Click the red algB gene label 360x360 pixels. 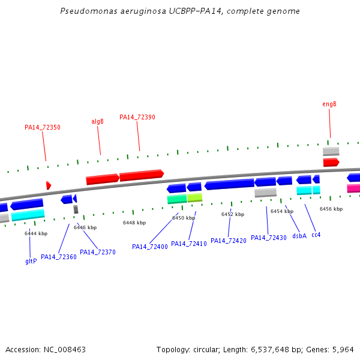97,121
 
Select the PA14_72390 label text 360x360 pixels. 137,117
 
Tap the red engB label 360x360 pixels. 329,104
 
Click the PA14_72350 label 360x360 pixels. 42,127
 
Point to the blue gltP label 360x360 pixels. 31,261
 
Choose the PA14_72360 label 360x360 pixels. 59,257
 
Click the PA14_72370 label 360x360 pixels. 98,252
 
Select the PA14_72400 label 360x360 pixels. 150,247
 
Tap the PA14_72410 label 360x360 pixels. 189,244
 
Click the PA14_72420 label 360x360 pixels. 229,241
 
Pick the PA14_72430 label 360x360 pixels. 269,238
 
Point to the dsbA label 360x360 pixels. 299,236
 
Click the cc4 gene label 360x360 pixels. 316,235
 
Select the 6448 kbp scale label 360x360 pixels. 134,223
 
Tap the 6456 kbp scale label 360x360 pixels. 331,209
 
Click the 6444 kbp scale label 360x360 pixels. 36,233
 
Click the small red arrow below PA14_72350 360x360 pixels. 49,185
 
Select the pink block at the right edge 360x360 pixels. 353,188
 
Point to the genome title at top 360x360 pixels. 180,11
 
